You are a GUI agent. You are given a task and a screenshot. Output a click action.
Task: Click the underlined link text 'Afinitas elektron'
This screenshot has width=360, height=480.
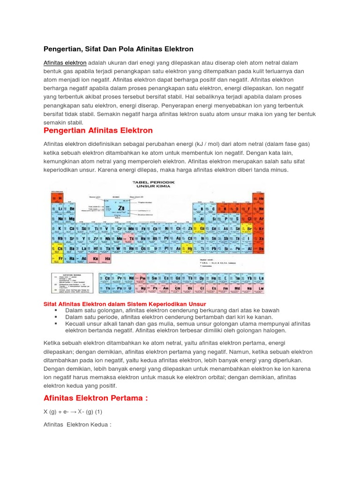click(65, 63)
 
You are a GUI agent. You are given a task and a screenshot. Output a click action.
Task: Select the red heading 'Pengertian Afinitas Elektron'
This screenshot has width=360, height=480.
click(98, 130)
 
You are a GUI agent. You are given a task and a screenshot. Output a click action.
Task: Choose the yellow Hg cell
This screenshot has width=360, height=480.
click(190, 248)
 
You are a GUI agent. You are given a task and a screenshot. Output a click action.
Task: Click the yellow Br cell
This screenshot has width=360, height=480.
click(249, 228)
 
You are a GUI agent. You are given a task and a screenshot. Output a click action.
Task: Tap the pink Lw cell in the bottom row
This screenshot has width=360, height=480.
click(260, 288)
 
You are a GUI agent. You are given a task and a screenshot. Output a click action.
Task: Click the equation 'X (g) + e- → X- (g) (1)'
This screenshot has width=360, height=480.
click(73, 411)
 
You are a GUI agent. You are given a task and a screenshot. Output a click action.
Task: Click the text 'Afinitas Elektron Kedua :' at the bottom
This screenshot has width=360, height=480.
click(77, 425)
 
